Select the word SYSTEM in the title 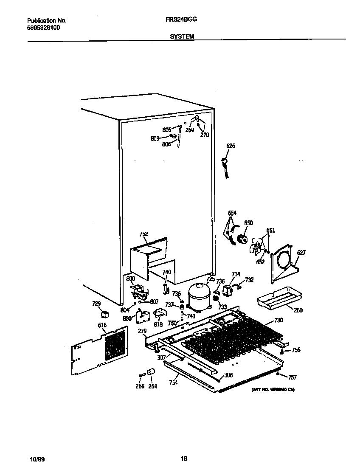pyautogui.click(x=182, y=37)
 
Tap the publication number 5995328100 pyautogui.click(x=43, y=27)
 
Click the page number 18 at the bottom pyautogui.click(x=183, y=458)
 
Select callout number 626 pyautogui.click(x=230, y=146)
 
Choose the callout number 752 pyautogui.click(x=143, y=234)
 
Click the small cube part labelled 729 pyautogui.click(x=104, y=314)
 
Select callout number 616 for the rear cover pyautogui.click(x=102, y=325)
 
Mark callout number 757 pyautogui.click(x=292, y=377)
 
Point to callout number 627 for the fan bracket pyautogui.click(x=301, y=253)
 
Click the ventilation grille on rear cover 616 pyautogui.click(x=115, y=345)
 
